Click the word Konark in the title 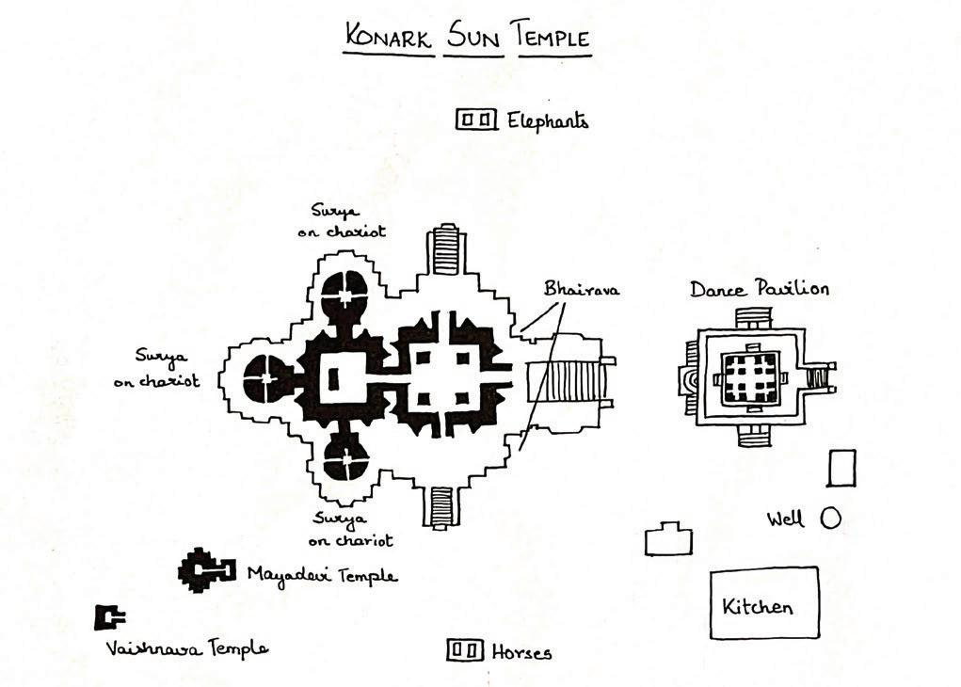389,38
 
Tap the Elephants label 548,121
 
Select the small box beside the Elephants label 476,120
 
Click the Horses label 521,652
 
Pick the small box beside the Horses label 464,649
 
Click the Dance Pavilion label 759,289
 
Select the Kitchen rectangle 763,603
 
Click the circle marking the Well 830,518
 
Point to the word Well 786,519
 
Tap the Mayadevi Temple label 322,574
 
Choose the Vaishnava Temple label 186,647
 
